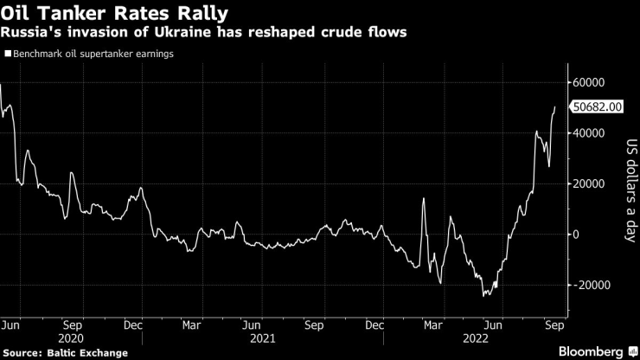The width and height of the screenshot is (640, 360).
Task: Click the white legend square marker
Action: pyautogui.click(x=7, y=54)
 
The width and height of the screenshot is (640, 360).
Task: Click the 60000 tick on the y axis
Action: pyautogui.click(x=591, y=82)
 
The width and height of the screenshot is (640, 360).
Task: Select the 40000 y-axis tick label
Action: pyautogui.click(x=591, y=133)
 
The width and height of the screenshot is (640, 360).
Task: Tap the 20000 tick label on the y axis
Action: pyautogui.click(x=591, y=183)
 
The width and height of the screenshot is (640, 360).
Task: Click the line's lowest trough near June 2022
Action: pyautogui.click(x=484, y=296)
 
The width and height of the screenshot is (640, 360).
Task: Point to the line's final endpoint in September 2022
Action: pyautogui.click(x=555, y=106)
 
